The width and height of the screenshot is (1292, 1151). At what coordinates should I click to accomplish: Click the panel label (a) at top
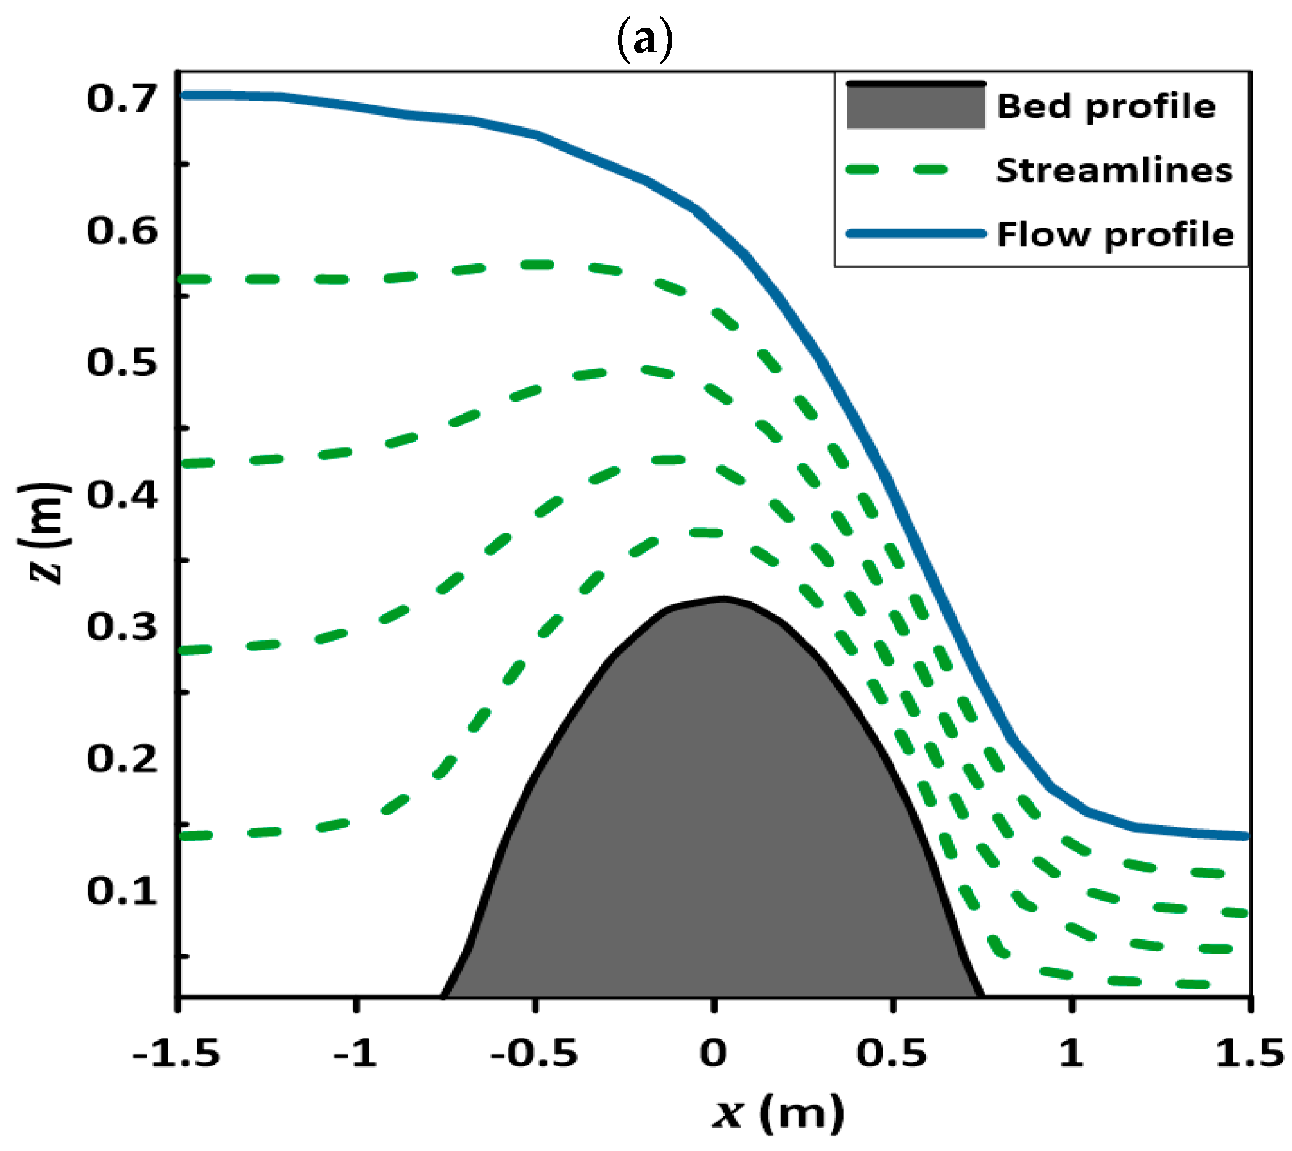coord(644,41)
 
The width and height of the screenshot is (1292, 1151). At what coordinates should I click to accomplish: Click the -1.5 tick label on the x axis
coord(176,1054)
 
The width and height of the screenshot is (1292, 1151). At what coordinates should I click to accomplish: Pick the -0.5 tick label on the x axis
coord(535,1054)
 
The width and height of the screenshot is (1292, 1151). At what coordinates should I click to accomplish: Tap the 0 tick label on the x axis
coord(714,1054)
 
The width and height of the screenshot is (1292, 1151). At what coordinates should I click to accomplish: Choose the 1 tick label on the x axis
coord(1071,1054)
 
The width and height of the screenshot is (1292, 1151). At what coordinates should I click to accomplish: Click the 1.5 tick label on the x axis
coord(1249,1054)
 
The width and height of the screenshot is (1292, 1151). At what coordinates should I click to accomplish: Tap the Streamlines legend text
coord(1114,171)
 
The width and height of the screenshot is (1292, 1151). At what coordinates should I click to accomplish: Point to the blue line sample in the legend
coord(916,234)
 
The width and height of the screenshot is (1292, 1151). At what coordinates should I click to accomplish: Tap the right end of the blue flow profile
coord(1245,836)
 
